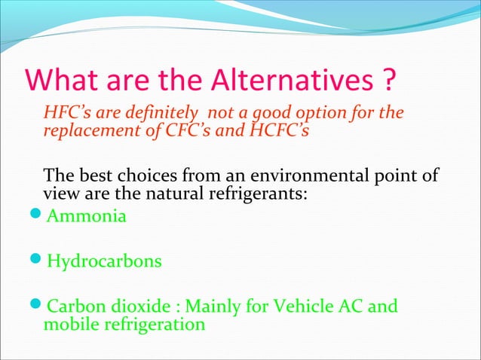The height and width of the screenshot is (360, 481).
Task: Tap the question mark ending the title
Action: [x=387, y=79]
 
